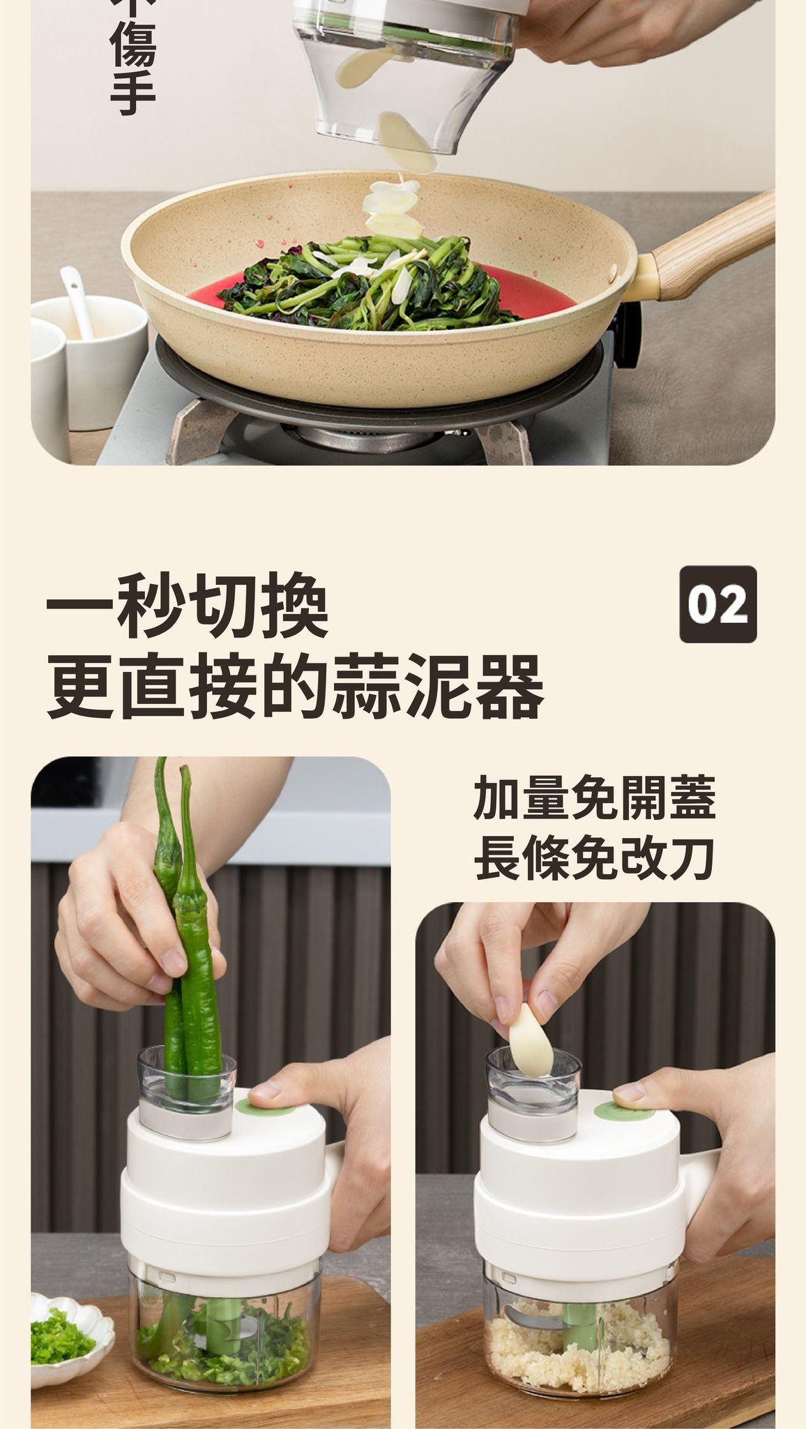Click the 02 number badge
click(717, 604)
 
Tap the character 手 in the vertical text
click(133, 91)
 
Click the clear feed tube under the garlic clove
click(533, 1093)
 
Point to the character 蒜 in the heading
click(366, 687)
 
